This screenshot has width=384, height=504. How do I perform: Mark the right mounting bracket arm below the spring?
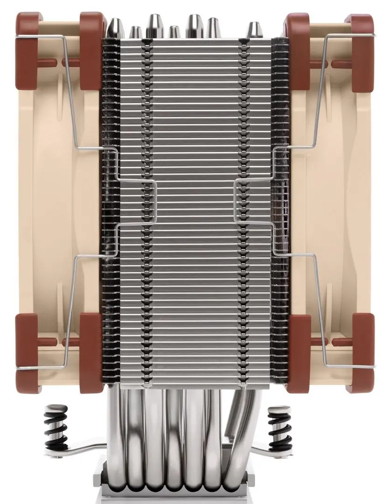271,449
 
